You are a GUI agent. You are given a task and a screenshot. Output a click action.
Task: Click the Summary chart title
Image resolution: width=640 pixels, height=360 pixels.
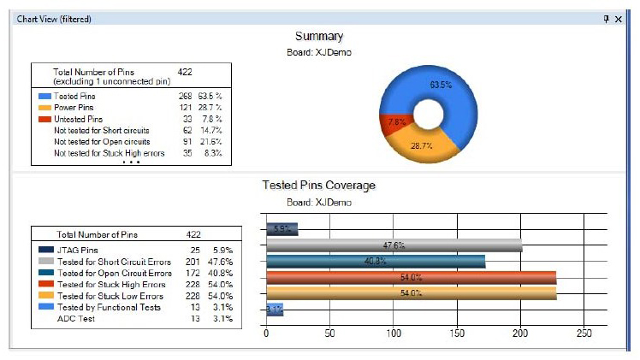pos(318,36)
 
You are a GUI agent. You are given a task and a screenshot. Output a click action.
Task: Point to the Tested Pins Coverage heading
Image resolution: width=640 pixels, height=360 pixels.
pos(318,185)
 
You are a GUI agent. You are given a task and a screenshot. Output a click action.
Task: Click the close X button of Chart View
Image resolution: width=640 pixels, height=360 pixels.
pos(619,18)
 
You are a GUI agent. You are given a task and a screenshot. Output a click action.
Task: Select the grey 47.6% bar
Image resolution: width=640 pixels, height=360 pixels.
pos(394,245)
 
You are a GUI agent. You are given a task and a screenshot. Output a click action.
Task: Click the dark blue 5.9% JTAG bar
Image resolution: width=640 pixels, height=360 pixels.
pos(281,229)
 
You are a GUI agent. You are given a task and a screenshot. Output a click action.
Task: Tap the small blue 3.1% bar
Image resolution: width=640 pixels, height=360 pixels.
pos(274,309)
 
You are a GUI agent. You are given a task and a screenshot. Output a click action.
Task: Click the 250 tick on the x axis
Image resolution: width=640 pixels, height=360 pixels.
pos(584,333)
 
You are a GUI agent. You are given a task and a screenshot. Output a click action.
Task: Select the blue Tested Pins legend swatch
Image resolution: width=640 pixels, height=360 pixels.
pos(44,97)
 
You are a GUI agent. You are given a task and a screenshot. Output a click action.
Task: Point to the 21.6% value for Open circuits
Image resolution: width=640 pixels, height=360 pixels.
pos(210,142)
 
